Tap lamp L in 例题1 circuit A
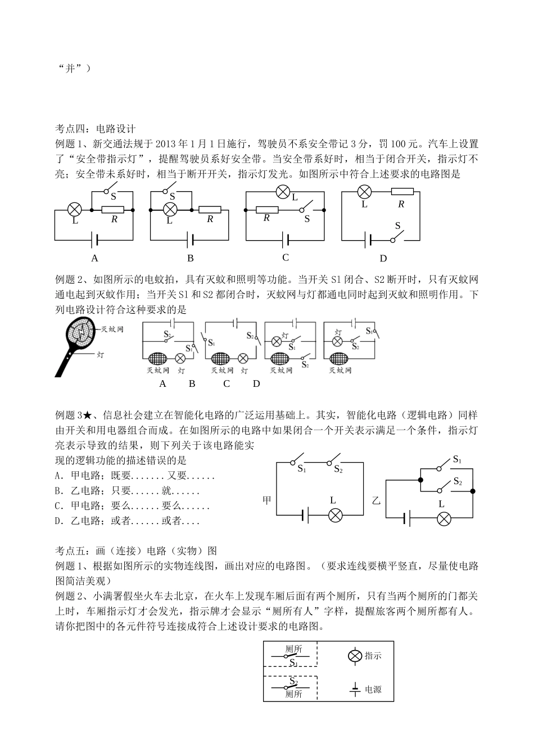click(75, 210)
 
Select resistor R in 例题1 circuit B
click(210, 210)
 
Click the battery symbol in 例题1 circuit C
click(285, 240)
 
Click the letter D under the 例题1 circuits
click(383, 258)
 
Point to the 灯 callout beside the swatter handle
click(101, 355)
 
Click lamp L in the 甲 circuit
click(336, 515)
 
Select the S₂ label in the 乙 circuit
click(458, 482)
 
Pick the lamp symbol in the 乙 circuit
click(444, 518)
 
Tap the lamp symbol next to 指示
click(355, 656)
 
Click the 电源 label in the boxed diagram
click(373, 689)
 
